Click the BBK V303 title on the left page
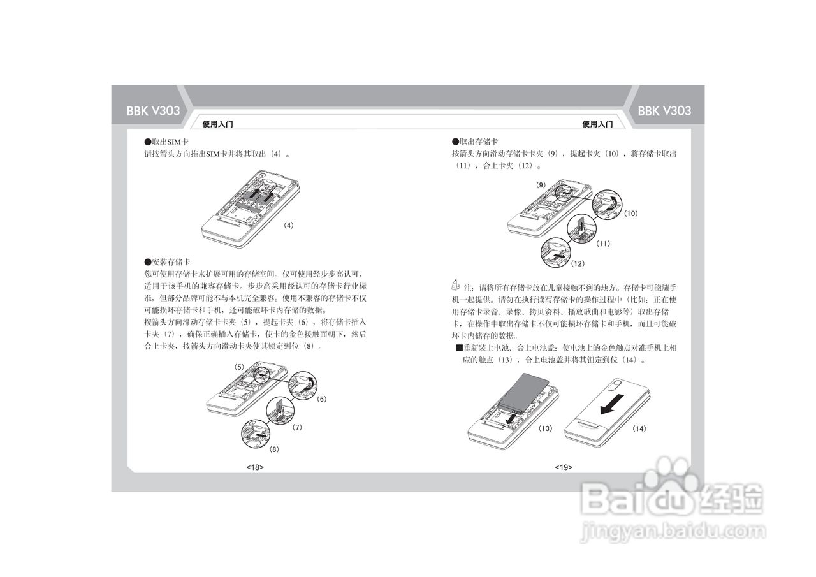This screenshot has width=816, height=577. point(153,110)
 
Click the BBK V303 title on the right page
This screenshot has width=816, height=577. point(664,110)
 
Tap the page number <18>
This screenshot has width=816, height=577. point(255,467)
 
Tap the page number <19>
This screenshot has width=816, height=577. point(563,467)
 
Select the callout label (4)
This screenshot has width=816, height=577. point(289,225)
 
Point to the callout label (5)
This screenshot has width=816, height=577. point(239,367)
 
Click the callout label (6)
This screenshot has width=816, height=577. point(321,399)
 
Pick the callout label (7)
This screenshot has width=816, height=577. point(296,427)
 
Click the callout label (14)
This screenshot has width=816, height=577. point(639,428)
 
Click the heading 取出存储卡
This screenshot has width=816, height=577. point(475,141)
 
